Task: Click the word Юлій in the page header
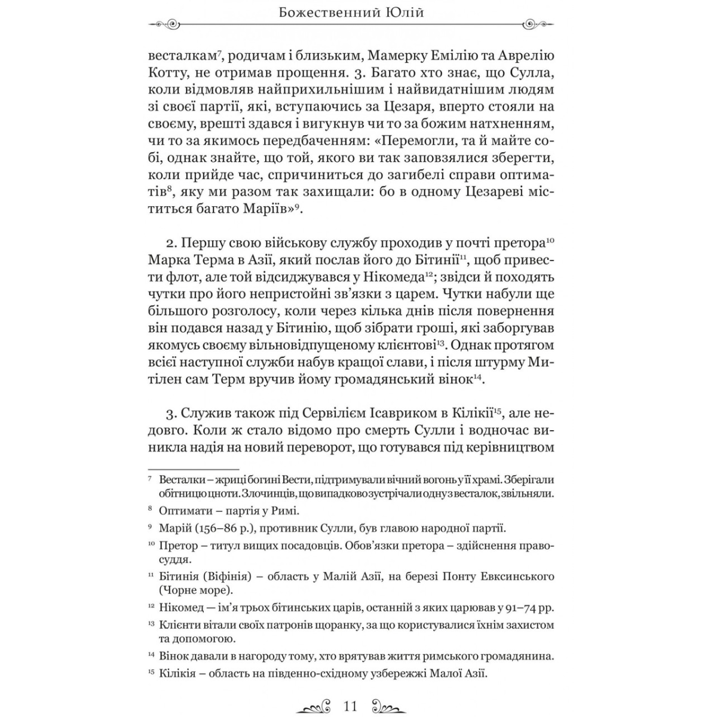[402, 12]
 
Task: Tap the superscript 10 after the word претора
[550, 240]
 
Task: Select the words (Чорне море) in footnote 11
[196, 590]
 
